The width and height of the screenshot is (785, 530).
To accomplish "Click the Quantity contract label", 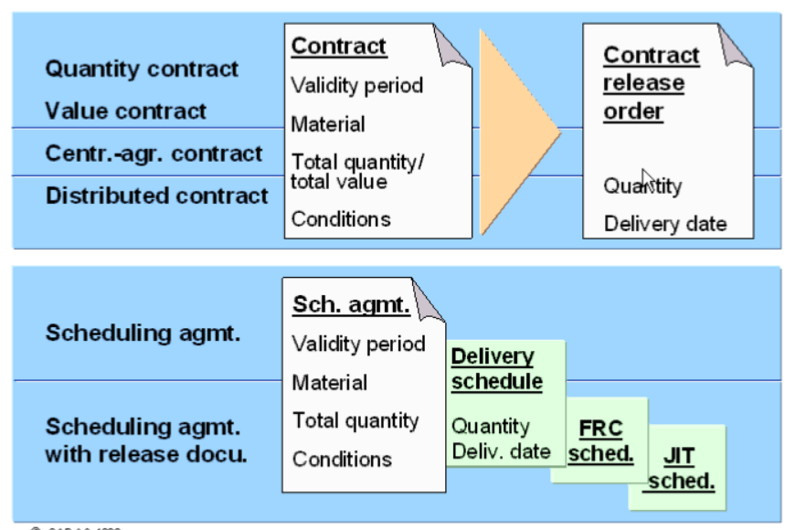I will [142, 69].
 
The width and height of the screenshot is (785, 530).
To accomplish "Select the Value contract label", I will [126, 111].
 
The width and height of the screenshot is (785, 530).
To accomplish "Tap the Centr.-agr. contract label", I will [154, 154].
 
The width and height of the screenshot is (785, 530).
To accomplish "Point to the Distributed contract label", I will [156, 196].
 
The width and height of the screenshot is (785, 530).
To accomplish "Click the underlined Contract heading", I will [339, 47].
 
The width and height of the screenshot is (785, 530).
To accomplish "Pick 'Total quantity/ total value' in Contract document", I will [357, 172].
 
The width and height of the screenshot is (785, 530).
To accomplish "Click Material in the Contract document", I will [328, 124].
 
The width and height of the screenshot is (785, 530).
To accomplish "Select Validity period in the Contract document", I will [357, 86].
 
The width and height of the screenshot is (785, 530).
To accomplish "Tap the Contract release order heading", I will [651, 83].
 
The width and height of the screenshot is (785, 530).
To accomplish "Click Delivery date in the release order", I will [665, 224].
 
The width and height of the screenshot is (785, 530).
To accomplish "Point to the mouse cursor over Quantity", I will [647, 179].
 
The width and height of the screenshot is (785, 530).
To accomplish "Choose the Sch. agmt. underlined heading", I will [351, 304].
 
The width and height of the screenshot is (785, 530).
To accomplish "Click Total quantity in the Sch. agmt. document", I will [355, 421].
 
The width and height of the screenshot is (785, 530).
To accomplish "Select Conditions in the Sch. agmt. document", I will [342, 460].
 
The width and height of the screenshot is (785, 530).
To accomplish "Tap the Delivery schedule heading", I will [496, 369].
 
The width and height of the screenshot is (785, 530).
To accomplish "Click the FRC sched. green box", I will [601, 441].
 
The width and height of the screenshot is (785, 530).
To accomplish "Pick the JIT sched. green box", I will [679, 470].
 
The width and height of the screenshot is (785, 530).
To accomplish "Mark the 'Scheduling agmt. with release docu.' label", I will [146, 440].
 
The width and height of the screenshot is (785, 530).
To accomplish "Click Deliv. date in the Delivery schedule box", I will [501, 450].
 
